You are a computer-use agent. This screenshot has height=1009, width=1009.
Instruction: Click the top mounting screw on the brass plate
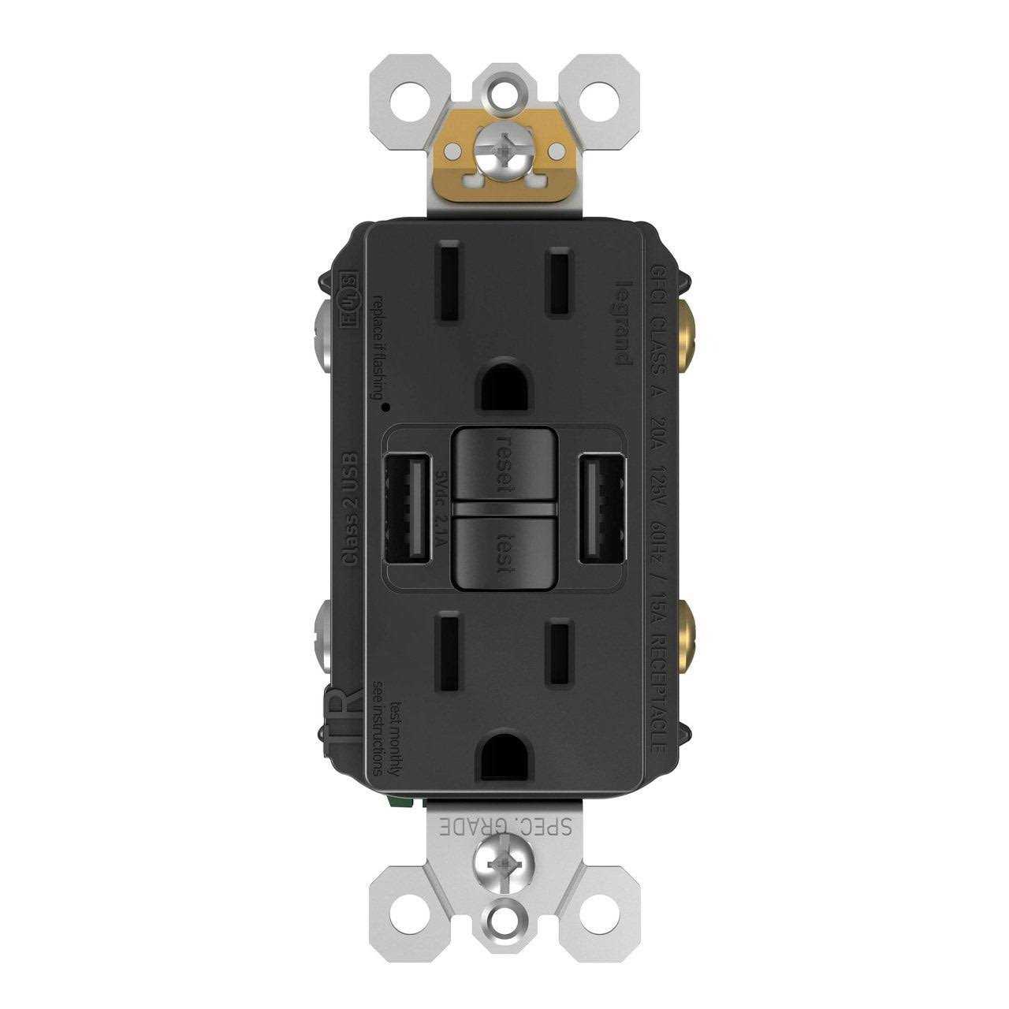coord(504,155)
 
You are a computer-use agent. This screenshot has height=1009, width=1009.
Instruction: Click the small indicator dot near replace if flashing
coord(385,407)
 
